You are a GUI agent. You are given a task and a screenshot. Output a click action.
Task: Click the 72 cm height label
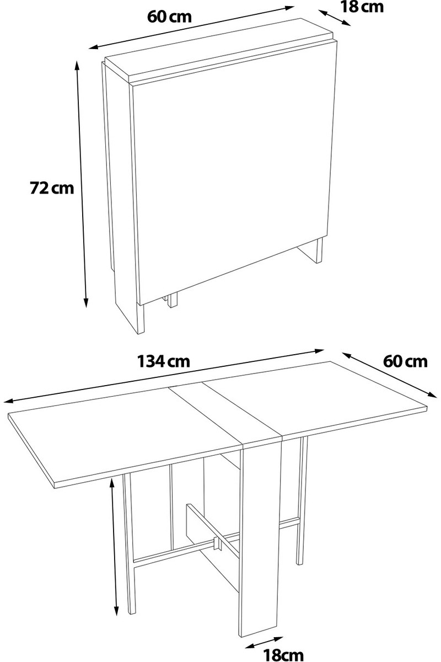point(52,188)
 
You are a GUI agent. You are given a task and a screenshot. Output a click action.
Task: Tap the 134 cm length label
point(164,361)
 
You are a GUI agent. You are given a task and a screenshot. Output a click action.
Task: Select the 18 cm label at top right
point(362,7)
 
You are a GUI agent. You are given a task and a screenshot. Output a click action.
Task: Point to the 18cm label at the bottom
point(283,654)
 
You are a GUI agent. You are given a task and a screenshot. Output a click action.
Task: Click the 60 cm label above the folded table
point(170,17)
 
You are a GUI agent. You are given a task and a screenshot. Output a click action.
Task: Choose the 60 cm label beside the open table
point(405,361)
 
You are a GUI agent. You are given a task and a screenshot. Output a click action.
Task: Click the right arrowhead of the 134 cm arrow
point(319,351)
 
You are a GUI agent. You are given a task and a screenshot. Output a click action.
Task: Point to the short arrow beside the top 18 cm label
point(335,18)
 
